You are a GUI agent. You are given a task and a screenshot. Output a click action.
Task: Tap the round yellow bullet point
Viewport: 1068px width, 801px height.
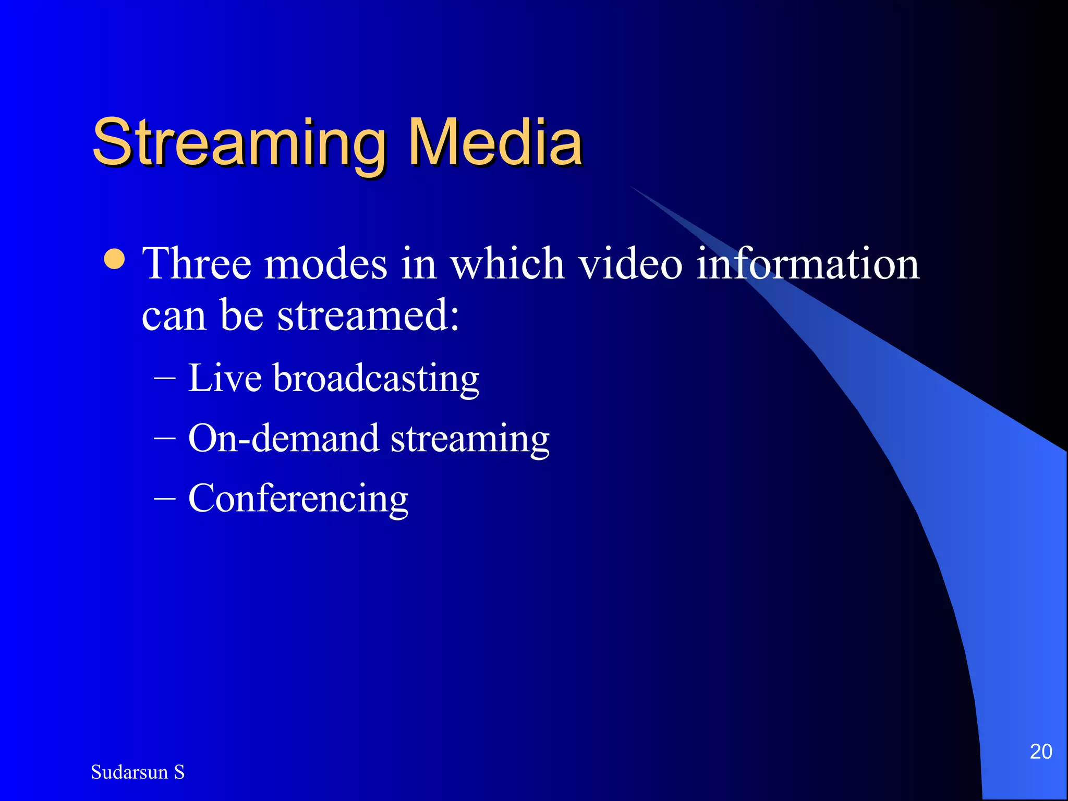tap(114, 259)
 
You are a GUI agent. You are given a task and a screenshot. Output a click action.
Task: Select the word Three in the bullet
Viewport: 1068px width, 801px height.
tap(197, 264)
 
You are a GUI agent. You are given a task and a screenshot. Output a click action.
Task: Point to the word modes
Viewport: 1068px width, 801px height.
tap(326, 264)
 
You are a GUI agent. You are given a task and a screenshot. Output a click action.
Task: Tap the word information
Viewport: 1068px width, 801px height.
tap(808, 264)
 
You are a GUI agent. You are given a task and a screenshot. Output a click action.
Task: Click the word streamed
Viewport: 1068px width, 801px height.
tap(368, 315)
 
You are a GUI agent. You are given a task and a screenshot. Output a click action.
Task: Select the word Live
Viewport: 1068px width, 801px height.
tap(225, 378)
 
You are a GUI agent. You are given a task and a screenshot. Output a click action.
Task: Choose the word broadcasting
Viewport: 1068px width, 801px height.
tap(376, 379)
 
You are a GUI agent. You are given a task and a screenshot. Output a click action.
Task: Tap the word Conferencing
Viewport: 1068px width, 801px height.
tap(298, 499)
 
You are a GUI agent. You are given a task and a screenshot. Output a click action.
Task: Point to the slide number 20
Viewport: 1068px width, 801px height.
tap(1040, 751)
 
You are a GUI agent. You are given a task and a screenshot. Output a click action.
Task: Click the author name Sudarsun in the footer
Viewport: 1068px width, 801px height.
tap(129, 772)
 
